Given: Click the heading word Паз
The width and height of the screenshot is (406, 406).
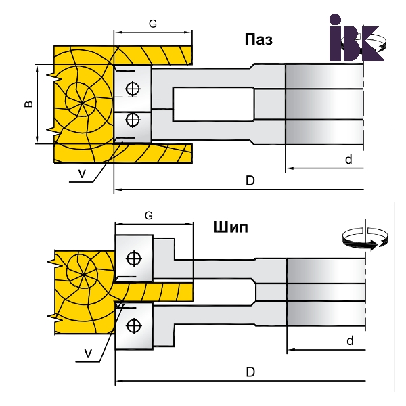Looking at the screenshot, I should point(258,39).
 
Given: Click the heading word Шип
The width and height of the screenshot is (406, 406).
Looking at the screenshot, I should point(230,227).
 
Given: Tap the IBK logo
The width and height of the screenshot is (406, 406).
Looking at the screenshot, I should point(354,38).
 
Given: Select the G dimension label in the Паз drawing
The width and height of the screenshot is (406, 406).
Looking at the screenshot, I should point(152,24).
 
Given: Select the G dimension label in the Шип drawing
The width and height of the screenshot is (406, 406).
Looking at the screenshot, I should point(150,215).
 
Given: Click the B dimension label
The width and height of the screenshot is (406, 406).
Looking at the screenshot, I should point(28,104).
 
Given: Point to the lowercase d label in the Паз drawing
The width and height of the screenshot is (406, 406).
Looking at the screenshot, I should point(348,159).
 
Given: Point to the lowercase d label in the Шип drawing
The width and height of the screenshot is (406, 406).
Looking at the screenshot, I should point(350,341).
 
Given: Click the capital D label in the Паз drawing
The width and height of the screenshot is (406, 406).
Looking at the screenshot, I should point(249,181).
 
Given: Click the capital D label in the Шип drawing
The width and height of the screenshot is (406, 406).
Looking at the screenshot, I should point(250,371).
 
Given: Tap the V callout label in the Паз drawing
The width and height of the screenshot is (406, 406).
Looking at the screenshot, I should point(81,173).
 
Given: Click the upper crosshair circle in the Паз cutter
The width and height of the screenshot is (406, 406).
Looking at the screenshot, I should point(133,89).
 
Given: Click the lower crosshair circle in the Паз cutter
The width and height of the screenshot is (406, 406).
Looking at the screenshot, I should point(133,120).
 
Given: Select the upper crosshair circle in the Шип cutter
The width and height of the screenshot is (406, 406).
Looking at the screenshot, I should point(133,257).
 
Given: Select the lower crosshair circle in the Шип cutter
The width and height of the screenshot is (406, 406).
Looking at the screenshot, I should point(133,325).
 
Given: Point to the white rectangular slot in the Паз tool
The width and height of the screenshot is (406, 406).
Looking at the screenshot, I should point(212,105).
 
